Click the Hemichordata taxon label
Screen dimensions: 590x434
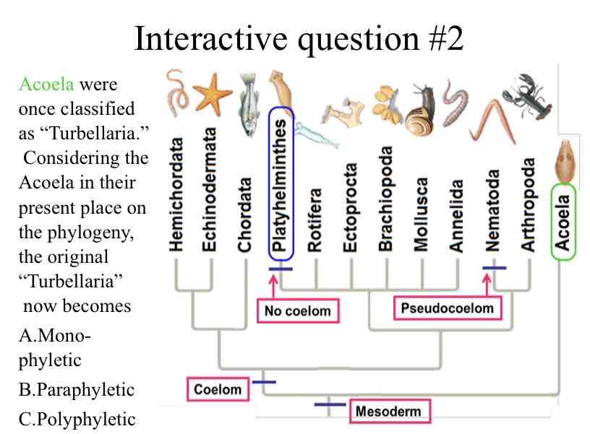tap(176, 194)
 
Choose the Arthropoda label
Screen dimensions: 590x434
tap(529, 203)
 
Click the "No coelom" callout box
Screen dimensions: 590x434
tap(297, 311)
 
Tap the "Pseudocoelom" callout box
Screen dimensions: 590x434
tap(448, 308)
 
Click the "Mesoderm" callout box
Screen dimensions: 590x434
tap(388, 412)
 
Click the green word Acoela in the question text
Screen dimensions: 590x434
tap(46, 84)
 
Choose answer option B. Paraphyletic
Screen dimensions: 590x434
tap(77, 390)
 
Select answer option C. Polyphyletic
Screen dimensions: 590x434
tap(77, 419)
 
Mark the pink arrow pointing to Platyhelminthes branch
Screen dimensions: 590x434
tap(273, 287)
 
